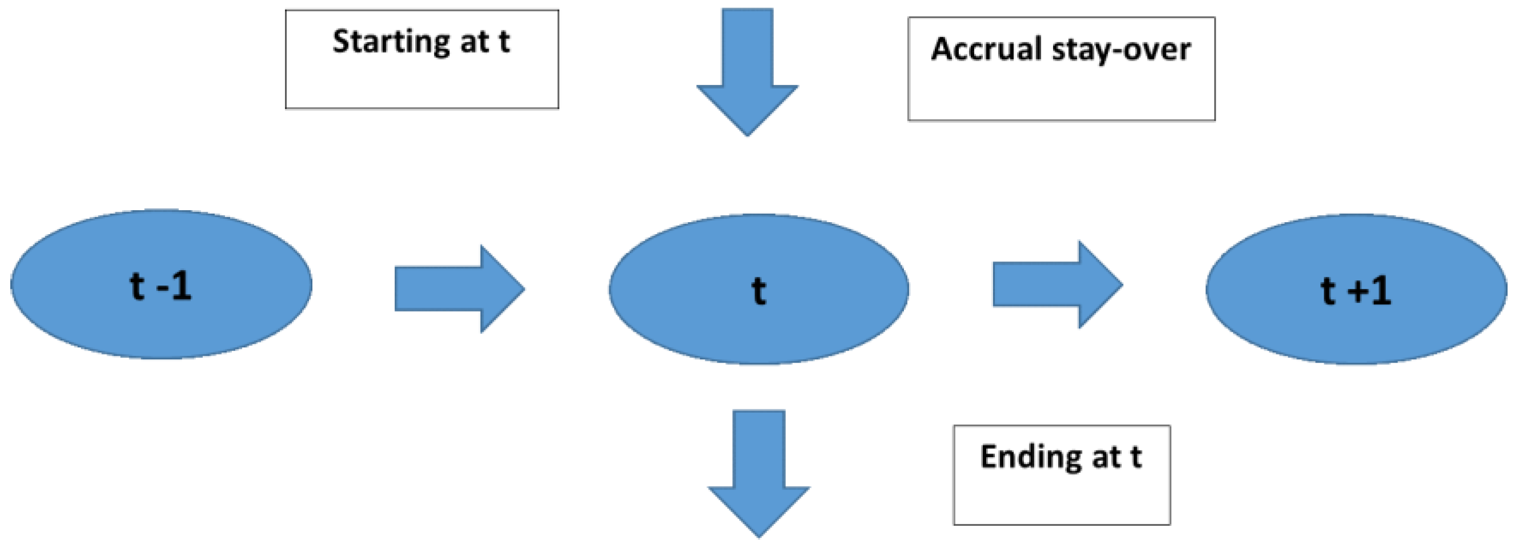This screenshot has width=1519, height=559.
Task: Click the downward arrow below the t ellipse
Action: coord(759,472)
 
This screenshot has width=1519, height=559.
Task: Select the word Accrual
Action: coord(986,49)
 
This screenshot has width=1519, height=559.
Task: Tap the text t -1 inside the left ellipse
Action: coord(160,287)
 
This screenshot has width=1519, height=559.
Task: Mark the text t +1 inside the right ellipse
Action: coord(1356,291)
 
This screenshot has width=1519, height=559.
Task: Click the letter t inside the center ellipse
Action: coord(758,291)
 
